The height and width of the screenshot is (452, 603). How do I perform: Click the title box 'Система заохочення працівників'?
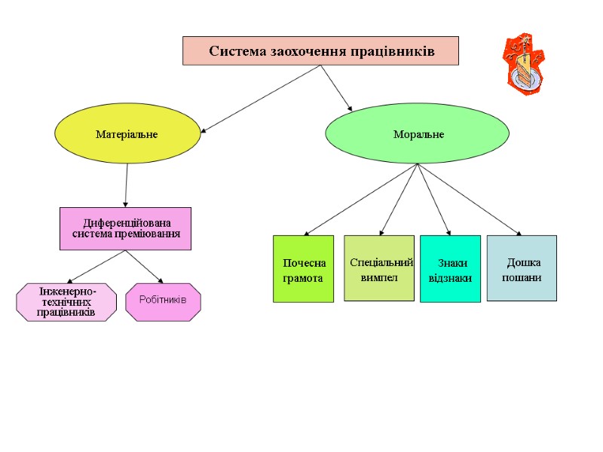[320, 51]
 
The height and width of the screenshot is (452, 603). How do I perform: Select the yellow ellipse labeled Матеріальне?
[127, 134]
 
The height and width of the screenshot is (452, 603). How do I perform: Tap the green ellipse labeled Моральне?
[417, 133]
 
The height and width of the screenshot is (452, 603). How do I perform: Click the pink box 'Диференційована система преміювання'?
[125, 228]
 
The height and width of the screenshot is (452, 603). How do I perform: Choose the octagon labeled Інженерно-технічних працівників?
[66, 301]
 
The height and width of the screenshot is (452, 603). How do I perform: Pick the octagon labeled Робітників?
[163, 301]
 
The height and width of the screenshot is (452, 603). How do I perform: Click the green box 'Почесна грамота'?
[303, 269]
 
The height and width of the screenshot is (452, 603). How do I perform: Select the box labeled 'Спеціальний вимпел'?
[379, 268]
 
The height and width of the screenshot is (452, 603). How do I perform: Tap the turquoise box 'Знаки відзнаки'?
[450, 269]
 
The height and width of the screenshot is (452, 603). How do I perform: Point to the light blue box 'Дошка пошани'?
[522, 268]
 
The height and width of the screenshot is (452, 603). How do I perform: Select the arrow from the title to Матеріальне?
[261, 99]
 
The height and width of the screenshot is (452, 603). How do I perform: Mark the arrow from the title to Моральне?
[336, 87]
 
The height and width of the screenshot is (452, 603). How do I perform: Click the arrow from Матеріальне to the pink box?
[126, 185]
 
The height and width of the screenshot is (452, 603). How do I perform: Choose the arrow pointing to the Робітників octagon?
[144, 267]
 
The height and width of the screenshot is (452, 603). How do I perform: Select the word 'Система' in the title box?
[233, 51]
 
